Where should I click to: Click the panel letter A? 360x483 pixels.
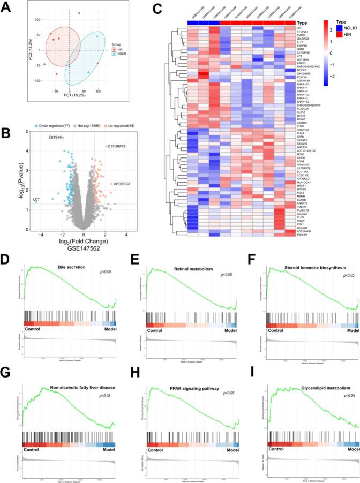pos(8,8)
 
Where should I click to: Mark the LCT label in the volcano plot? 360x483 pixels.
pos(36,201)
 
